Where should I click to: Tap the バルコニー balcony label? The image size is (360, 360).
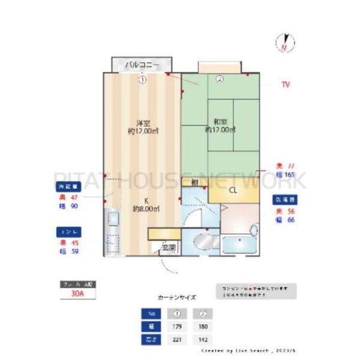tap(142, 64)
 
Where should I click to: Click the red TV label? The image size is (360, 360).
tap(286, 85)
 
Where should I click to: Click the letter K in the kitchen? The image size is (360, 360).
tap(145, 201)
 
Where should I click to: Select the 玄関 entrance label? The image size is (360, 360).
tap(169, 247)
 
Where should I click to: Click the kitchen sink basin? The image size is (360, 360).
tap(112, 219)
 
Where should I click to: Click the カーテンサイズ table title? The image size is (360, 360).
tap(176, 297)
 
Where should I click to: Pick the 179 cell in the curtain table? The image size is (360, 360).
tap(177, 327)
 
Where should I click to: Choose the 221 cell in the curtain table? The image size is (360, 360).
tap(177, 340)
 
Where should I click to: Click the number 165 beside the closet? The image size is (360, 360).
tap(290, 175)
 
